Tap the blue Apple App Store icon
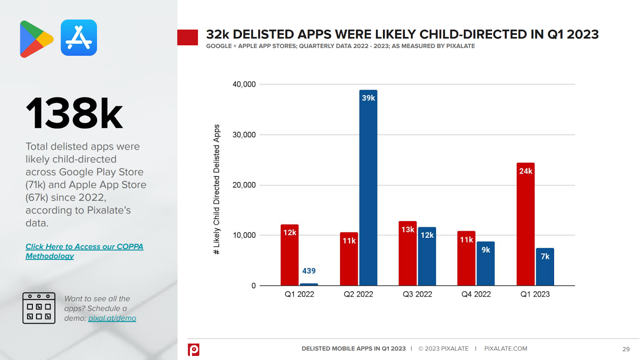pyautogui.click(x=79, y=38)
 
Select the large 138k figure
pyautogui.click(x=74, y=114)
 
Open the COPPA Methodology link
pyautogui.click(x=84, y=251)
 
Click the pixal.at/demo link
pyautogui.click(x=112, y=318)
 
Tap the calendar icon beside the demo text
pyautogui.click(x=39, y=308)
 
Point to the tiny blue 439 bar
pyautogui.click(x=309, y=284)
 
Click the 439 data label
pyautogui.click(x=309, y=271)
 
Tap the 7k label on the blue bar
pyautogui.click(x=545, y=257)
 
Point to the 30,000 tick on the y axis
pyautogui.click(x=244, y=135)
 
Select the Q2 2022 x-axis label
pyautogui.click(x=358, y=294)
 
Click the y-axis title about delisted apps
pyautogui.click(x=217, y=189)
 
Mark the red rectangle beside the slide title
pyautogui.click(x=187, y=37)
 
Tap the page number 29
pyautogui.click(x=626, y=349)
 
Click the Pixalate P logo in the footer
pyautogui.click(x=194, y=350)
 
